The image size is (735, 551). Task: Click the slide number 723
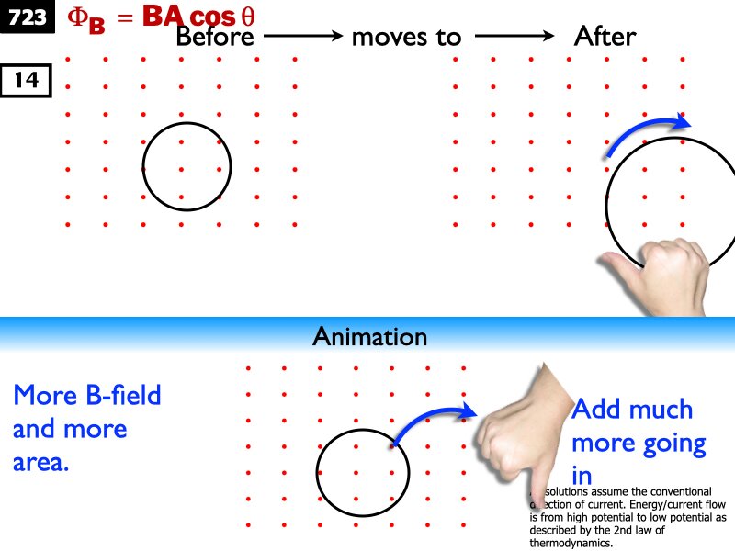[x=28, y=17]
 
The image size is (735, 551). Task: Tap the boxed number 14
[x=26, y=81]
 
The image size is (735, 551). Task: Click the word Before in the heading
[x=214, y=38]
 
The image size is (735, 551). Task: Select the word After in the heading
[x=605, y=38]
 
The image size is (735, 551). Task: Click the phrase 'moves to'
[x=407, y=38]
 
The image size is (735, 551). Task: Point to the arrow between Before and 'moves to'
[x=302, y=38]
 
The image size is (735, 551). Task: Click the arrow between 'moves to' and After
[x=514, y=38]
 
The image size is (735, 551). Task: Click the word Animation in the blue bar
[x=369, y=337]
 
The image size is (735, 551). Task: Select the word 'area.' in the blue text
[x=41, y=461]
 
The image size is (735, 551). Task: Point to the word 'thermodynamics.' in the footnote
[x=571, y=543]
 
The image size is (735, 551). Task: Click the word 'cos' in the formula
[x=212, y=17]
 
